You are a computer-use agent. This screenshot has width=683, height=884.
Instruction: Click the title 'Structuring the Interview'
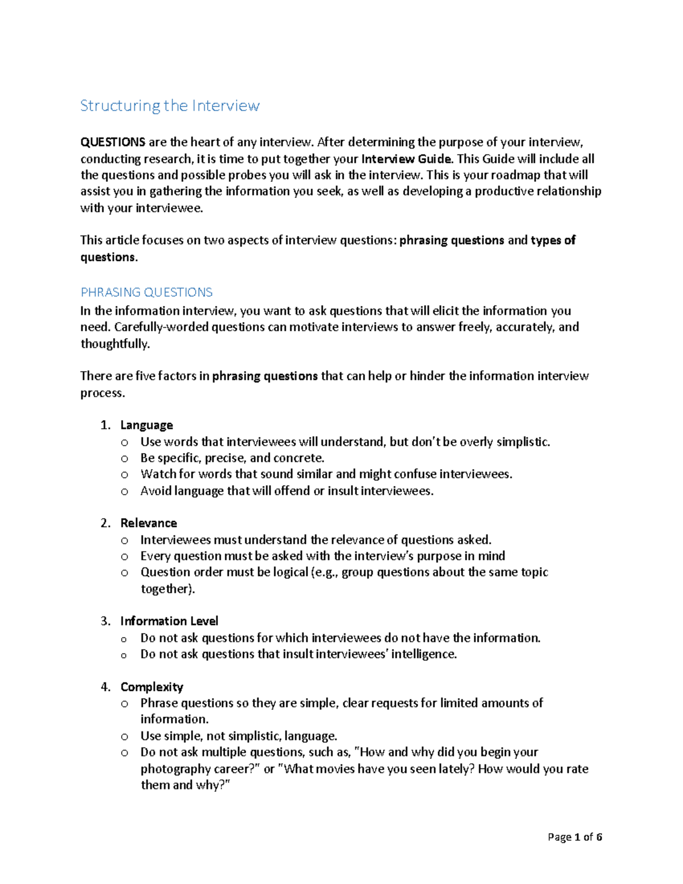coord(170,106)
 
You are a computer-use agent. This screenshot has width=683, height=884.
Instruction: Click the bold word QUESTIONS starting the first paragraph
coord(113,142)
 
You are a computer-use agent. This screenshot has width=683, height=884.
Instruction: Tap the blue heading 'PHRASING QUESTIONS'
coord(146,293)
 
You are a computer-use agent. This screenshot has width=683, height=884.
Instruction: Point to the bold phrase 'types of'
coord(553,240)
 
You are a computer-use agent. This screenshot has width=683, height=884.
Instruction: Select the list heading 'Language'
coord(146,425)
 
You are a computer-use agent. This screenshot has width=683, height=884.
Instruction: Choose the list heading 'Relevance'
coord(149,523)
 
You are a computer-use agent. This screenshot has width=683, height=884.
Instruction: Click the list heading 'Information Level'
coord(169,621)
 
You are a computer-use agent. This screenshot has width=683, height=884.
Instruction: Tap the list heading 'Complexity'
coord(151,687)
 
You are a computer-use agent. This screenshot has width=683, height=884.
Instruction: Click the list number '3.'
coord(105,621)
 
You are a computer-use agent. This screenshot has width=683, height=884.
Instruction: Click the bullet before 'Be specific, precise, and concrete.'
coord(125,459)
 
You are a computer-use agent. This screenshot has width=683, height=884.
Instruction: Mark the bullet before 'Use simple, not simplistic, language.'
coord(125,737)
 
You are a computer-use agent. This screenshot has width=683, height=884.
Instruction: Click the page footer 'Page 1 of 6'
coord(574,837)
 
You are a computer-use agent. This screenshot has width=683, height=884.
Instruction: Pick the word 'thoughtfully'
coord(114,344)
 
